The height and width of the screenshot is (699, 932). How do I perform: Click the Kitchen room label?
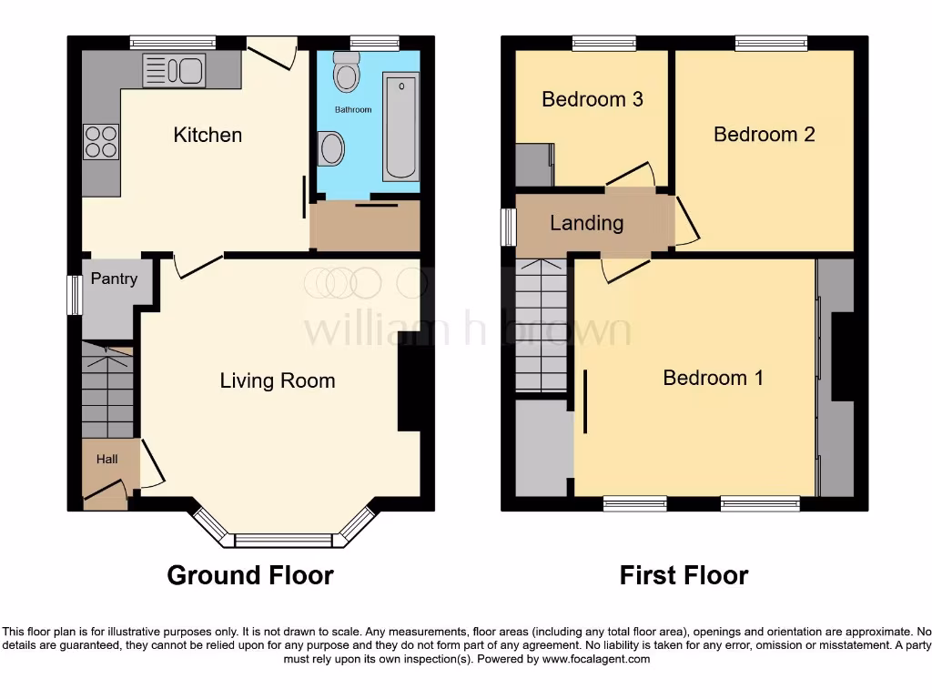(x=208, y=135)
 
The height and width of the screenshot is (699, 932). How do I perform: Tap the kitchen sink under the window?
(x=174, y=68)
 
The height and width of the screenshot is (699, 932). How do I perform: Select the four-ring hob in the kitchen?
(x=101, y=141)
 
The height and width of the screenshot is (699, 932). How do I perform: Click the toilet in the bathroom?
(x=346, y=72)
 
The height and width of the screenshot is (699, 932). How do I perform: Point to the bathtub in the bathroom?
(x=400, y=129)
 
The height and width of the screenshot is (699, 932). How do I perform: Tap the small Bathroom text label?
(x=353, y=110)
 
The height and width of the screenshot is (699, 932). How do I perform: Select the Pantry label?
(x=114, y=279)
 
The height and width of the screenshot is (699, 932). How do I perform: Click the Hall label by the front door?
(x=107, y=460)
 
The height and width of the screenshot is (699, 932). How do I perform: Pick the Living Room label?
(x=278, y=380)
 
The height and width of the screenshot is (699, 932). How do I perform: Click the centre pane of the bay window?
(x=284, y=541)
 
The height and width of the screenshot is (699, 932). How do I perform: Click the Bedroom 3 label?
(x=593, y=99)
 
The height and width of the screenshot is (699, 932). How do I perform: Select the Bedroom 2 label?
(x=764, y=135)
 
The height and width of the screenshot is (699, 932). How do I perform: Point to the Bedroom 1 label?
(x=713, y=378)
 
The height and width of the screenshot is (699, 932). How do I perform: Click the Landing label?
(x=587, y=223)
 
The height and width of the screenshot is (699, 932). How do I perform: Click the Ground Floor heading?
(x=250, y=575)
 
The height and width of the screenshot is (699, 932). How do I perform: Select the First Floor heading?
(x=684, y=575)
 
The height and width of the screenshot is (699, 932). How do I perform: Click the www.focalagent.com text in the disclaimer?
(x=596, y=659)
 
